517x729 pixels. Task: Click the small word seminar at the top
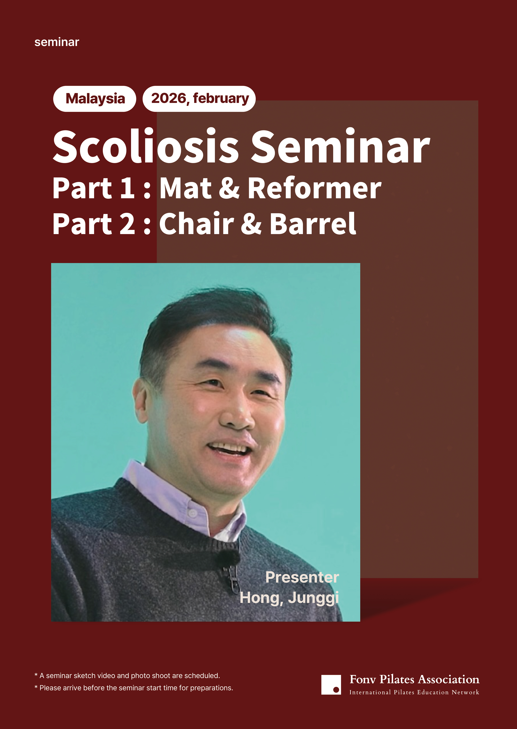(x=57, y=42)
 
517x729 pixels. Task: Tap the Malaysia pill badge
(x=95, y=99)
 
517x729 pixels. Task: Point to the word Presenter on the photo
(x=302, y=577)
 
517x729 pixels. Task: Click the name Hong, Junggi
(x=289, y=598)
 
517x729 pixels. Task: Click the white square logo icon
(x=331, y=685)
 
